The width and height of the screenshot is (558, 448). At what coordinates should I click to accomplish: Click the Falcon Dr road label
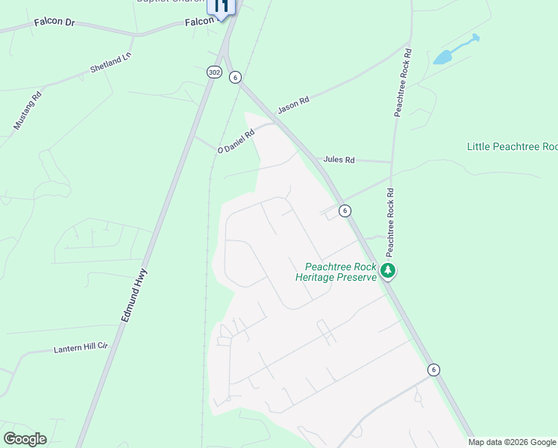[x=54, y=23]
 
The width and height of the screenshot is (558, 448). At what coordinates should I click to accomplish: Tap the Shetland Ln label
[x=110, y=63]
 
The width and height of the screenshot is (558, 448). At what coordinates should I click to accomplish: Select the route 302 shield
[x=214, y=72]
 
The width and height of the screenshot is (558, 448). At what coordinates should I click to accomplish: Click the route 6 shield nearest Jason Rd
[x=235, y=77]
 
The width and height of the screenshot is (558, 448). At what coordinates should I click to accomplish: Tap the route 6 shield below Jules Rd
[x=344, y=211]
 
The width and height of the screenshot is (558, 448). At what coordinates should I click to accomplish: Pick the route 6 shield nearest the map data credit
[x=433, y=370]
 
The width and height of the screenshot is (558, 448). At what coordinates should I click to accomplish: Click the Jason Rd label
[x=293, y=105]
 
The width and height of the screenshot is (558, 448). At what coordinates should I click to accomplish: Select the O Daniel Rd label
[x=236, y=140]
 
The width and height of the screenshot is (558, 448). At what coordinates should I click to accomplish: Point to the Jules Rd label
[x=339, y=160]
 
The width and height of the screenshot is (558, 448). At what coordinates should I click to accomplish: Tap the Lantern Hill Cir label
[x=81, y=348]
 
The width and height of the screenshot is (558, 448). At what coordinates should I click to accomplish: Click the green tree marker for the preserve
[x=387, y=270]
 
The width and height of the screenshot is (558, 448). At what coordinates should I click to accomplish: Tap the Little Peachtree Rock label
[x=512, y=146]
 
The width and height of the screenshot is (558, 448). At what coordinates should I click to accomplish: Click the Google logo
[x=25, y=439]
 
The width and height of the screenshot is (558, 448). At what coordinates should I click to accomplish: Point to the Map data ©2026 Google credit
[x=512, y=442]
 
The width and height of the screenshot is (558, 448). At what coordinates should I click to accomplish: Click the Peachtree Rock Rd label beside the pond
[x=403, y=82]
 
